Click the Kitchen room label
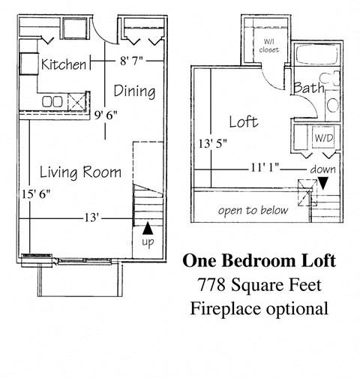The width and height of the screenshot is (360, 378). point(63,64)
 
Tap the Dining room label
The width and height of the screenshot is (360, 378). point(134,91)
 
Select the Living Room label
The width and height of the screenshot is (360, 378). point(80,172)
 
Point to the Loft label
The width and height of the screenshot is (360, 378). point(244,120)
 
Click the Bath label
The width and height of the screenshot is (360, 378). point(308,87)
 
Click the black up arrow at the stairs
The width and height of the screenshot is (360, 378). point(148,227)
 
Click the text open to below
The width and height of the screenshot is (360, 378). point(253,210)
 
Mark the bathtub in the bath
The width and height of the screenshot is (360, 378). point(316,54)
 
